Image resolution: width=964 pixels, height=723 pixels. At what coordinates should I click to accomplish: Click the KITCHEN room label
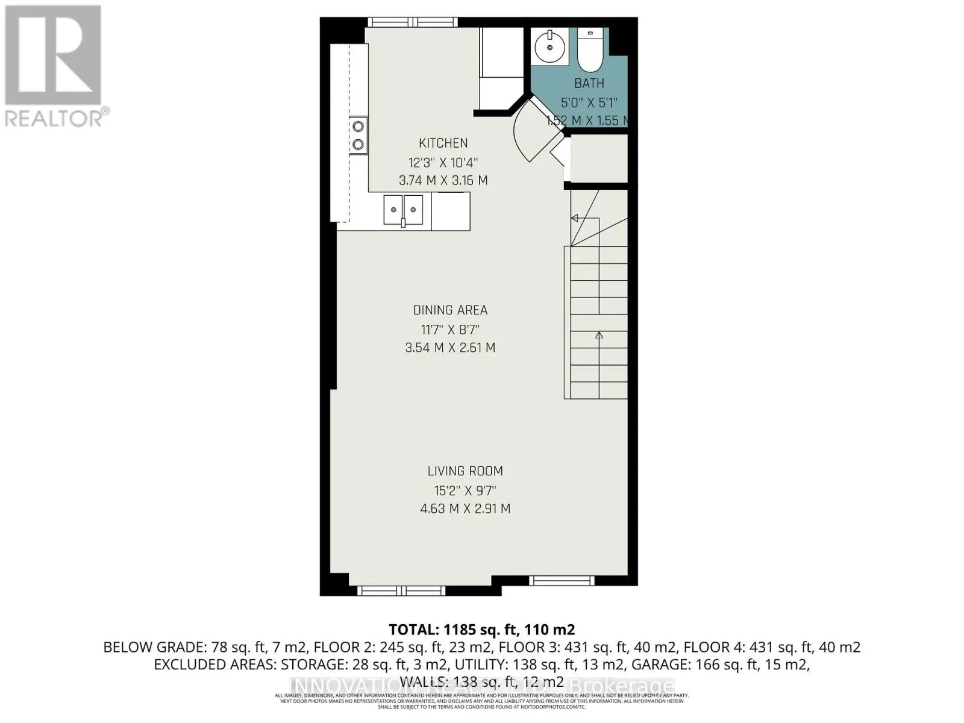pos(443,143)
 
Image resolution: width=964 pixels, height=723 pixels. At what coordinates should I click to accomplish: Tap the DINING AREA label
pos(450,310)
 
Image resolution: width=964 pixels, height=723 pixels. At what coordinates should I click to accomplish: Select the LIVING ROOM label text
pos(465,471)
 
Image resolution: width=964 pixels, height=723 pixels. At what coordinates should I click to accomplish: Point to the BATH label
pos(589,83)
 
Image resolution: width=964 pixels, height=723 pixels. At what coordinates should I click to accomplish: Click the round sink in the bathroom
pos(550,46)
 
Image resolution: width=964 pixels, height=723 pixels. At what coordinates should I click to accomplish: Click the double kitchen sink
pos(403,210)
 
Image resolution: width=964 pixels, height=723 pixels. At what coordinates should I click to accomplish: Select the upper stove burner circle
pos(358,126)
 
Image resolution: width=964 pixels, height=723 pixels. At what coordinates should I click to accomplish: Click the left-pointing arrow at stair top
pos(575,218)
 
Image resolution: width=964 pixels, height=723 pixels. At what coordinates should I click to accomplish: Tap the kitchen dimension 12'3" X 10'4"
pos(443,162)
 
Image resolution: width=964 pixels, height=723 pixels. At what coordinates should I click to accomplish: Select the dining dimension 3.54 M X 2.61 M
pos(450,348)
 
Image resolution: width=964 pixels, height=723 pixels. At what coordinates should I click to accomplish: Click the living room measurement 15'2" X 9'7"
pos(465,490)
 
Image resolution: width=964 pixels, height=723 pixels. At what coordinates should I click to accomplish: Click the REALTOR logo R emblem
pos(53,55)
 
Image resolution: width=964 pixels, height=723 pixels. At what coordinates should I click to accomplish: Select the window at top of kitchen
pos(413,22)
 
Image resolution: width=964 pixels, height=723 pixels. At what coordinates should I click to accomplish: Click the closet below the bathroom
pos(598,158)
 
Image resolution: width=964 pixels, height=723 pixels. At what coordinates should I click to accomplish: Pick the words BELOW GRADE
pos(155,647)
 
